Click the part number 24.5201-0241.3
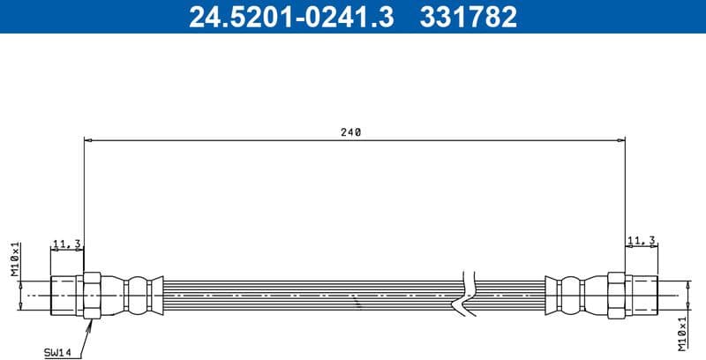(291, 17)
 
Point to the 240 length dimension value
(351, 132)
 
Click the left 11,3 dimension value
(67, 242)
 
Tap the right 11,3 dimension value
(641, 240)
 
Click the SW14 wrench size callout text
(58, 352)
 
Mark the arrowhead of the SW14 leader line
(90, 322)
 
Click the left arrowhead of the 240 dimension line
(87, 139)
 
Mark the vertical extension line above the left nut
(84, 203)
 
